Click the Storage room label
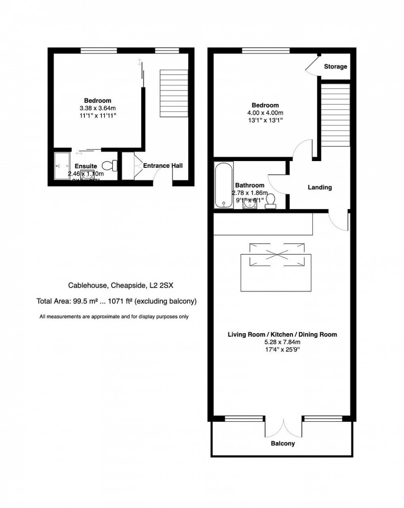[335, 66]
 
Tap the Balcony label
[282, 444]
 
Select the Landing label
[320, 188]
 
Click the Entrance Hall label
[163, 166]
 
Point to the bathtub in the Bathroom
[224, 185]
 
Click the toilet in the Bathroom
[271, 201]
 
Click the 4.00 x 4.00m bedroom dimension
[265, 112]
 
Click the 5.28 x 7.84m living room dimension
[282, 342]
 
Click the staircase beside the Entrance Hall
[173, 93]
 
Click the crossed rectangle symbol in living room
[276, 253]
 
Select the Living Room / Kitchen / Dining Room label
[282, 335]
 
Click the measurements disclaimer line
[114, 317]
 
